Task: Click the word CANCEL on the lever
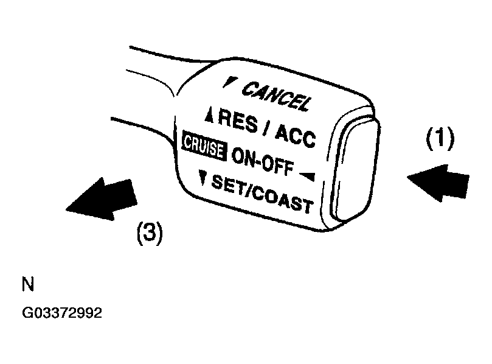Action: tap(277, 96)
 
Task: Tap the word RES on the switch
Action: tap(238, 121)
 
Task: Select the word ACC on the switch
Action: tap(296, 135)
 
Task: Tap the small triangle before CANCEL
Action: tap(230, 82)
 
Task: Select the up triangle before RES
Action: tap(209, 115)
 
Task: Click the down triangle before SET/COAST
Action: tap(203, 177)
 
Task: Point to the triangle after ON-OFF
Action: tap(308, 177)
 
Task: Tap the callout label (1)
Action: tap(440, 139)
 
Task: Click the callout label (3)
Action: tap(150, 233)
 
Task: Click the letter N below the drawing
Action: tap(28, 284)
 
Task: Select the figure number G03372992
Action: tap(62, 313)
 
